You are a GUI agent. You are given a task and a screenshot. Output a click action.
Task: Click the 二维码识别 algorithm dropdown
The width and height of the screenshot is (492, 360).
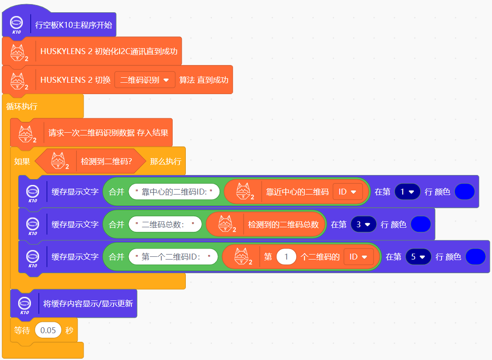point(144,80)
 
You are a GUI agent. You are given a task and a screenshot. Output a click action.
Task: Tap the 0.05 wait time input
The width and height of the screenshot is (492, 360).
point(48,330)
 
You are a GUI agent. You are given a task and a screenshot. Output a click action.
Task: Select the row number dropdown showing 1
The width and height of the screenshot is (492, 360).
point(407,192)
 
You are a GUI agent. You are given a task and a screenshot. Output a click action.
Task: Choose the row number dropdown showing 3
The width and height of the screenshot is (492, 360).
point(363,224)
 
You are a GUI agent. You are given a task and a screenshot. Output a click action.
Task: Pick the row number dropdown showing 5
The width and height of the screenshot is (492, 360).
point(418,257)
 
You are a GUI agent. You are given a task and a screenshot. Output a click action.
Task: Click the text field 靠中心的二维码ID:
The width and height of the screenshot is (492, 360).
point(174,192)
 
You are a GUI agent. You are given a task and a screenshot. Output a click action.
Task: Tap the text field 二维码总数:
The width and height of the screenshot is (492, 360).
point(165,224)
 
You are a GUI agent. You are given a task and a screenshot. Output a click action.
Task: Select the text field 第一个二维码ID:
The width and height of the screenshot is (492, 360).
point(173,257)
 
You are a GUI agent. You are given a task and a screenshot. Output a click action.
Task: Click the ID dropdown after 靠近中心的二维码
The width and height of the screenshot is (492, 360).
point(348,192)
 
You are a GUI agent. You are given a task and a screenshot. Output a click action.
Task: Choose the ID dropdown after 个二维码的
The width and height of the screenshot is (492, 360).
point(358,257)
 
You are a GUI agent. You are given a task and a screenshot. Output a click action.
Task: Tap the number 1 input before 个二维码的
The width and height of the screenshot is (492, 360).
point(286,257)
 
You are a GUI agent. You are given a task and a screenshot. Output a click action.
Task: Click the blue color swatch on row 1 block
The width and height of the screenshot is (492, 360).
point(464,192)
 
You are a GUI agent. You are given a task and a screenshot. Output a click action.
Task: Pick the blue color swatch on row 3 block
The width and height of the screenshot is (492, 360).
point(420,224)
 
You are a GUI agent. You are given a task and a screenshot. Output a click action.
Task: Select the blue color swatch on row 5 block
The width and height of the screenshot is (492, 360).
point(475,257)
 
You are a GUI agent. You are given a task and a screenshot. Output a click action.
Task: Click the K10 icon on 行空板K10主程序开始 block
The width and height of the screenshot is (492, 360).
point(17,25)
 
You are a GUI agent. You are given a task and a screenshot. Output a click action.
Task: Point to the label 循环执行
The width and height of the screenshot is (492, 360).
point(22,107)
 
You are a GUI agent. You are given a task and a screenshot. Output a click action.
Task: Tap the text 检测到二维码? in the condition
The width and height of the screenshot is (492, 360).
point(106,161)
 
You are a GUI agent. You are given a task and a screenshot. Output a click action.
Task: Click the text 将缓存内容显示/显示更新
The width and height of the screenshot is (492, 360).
point(88,303)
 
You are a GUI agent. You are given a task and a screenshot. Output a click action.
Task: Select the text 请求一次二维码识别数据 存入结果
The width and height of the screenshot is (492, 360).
point(109,133)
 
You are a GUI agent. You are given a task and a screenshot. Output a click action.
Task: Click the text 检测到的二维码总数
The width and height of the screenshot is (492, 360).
point(283,224)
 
